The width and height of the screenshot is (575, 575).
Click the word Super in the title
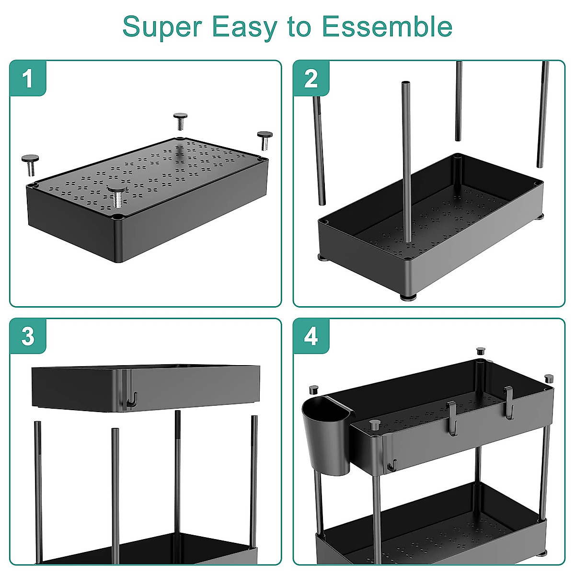(x=163, y=27)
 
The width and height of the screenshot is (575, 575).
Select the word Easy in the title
(x=244, y=27)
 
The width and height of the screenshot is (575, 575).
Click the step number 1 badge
(x=28, y=78)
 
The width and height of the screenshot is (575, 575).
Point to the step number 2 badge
(x=311, y=78)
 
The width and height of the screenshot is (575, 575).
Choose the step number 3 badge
(x=28, y=336)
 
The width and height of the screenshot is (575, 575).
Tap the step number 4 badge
(x=311, y=336)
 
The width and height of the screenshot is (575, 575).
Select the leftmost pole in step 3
(x=38, y=489)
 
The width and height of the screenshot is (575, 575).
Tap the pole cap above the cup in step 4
(x=314, y=389)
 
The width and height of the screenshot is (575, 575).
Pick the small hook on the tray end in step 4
(x=392, y=464)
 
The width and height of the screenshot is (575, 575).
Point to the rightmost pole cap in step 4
(x=549, y=378)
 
